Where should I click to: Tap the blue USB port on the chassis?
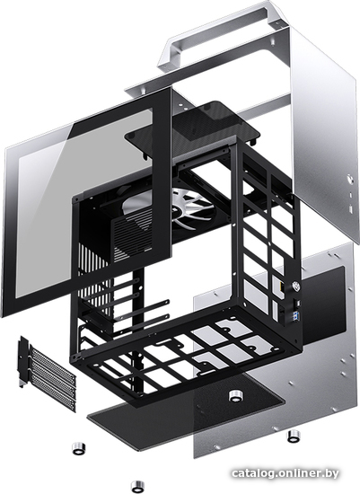click(297, 314)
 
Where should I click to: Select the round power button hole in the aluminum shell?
click(350, 181)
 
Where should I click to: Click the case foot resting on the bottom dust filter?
click(234, 396)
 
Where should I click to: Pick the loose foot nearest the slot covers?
click(79, 448)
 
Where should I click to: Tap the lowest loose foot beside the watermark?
click(137, 486)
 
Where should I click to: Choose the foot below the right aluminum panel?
click(294, 436)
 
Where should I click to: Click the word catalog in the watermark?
click(251, 473)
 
